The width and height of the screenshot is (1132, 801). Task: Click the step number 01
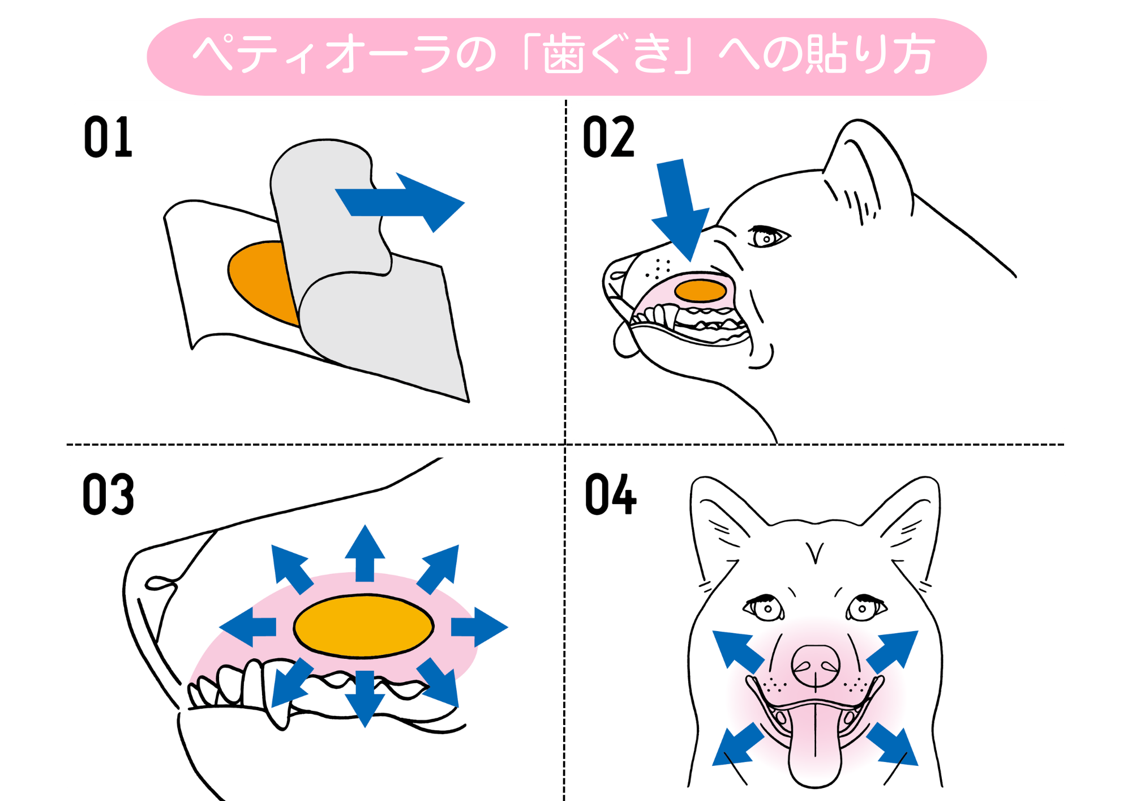click(x=108, y=137)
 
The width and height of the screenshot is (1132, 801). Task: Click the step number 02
click(x=608, y=137)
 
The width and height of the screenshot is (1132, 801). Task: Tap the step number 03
click(x=108, y=495)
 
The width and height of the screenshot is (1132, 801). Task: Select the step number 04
click(x=610, y=495)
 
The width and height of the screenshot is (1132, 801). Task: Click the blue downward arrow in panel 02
click(x=679, y=210)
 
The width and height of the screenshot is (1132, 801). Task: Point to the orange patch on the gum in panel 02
click(x=700, y=291)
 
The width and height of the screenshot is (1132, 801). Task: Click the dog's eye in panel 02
click(x=766, y=237)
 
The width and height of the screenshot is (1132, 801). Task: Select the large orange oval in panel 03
click(x=363, y=626)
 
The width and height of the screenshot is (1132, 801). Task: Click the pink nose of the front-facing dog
click(x=815, y=666)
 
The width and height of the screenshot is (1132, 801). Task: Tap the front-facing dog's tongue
click(x=815, y=748)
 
